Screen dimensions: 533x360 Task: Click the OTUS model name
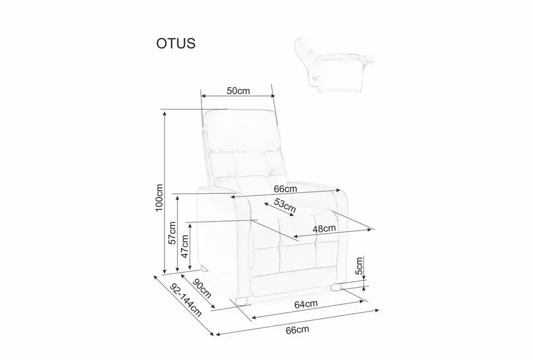coord(176,44)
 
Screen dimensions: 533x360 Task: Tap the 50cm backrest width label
coord(238,91)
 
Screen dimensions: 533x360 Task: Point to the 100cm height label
coord(159,198)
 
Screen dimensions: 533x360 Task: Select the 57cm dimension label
coord(172,233)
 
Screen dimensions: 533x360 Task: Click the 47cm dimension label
coord(184,246)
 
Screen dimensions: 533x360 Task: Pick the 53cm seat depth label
coord(285,206)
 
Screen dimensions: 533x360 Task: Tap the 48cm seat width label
coord(324,228)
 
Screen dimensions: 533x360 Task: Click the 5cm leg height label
coord(359,266)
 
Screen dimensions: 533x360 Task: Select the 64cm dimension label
coord(306,304)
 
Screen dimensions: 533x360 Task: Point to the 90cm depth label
coord(203,288)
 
